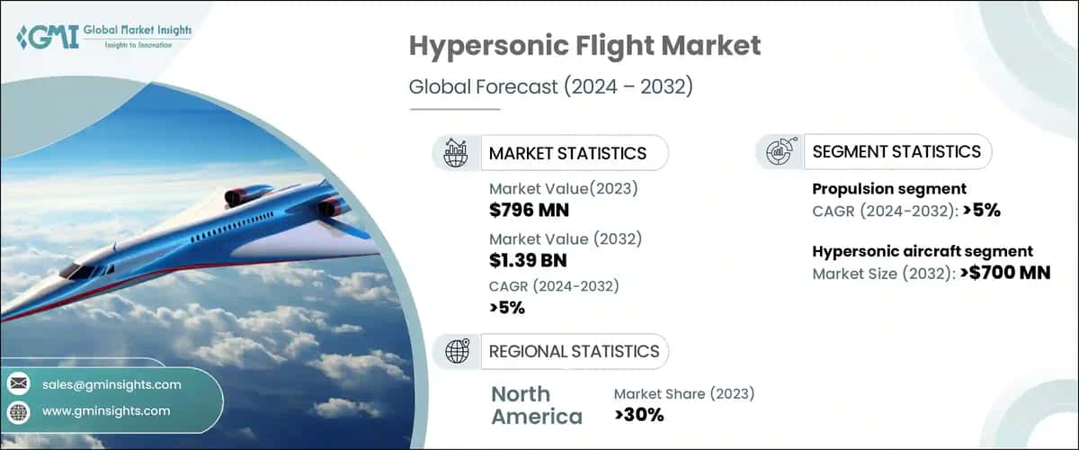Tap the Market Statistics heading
566,153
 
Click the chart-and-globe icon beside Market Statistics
456,153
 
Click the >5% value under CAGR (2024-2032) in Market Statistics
507,308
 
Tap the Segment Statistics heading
896,152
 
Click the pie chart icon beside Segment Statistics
779,152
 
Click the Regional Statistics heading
574,351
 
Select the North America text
536,405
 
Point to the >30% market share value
638,415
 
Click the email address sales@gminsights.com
111,384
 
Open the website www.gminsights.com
106,411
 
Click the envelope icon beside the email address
19,384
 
